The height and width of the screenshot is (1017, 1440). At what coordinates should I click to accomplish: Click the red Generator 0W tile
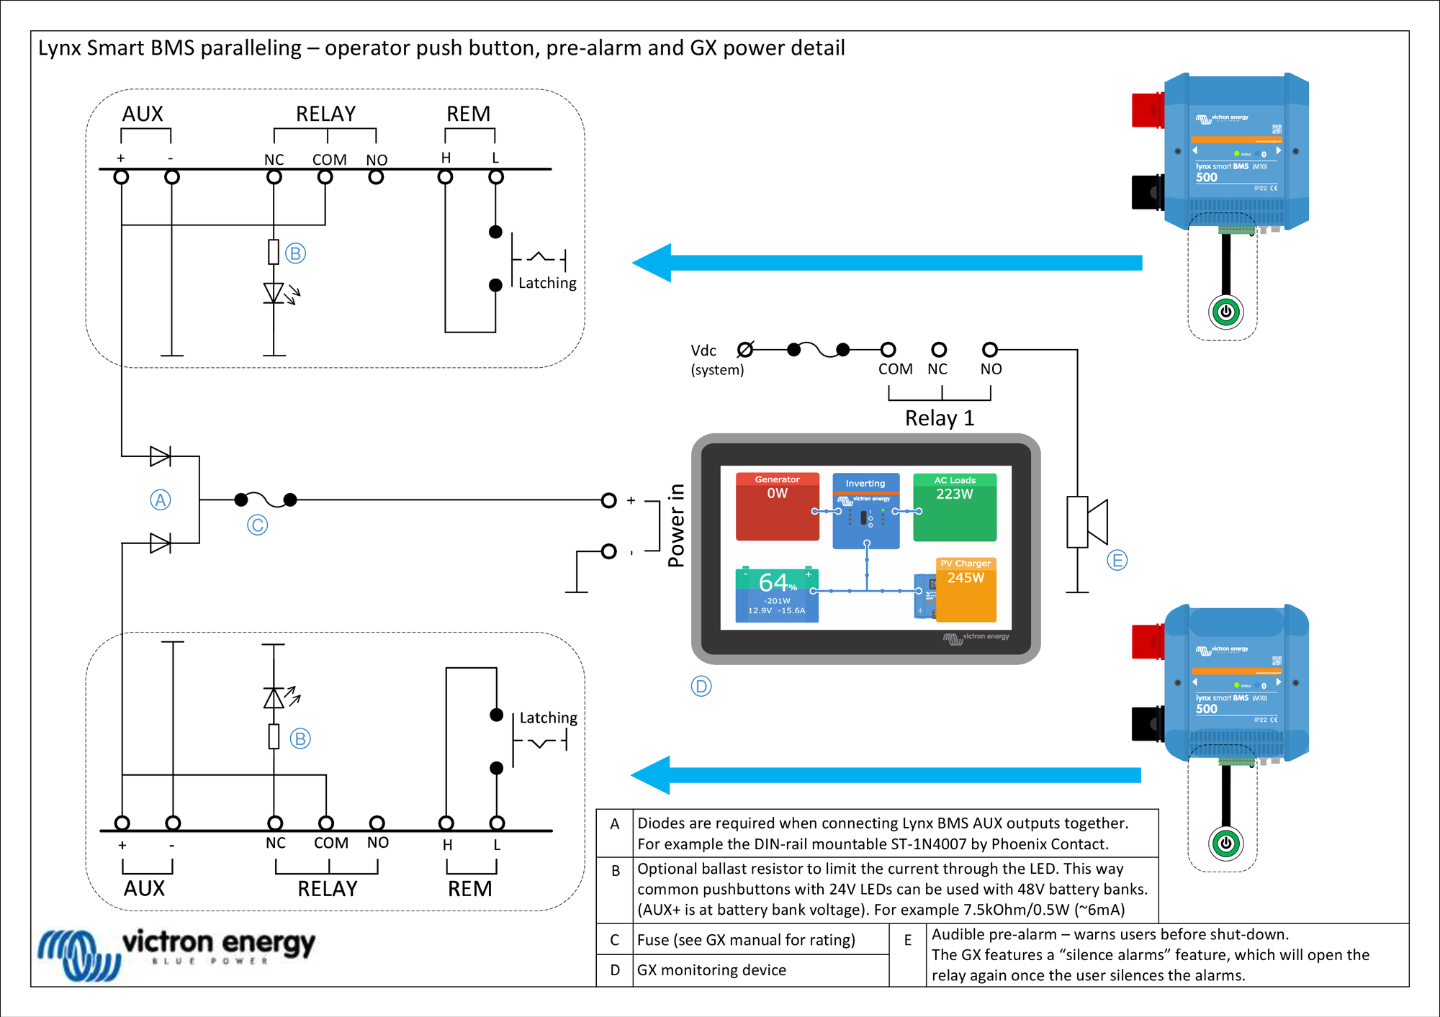click(777, 506)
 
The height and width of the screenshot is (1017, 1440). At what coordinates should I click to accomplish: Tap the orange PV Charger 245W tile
click(966, 589)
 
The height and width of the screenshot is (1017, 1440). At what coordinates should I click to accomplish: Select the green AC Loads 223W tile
click(955, 507)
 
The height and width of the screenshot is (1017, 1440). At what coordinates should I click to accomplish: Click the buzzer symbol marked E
click(1086, 522)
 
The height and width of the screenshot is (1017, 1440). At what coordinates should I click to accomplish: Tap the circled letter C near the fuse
click(257, 525)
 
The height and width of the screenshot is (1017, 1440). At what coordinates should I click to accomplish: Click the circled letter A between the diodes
click(160, 500)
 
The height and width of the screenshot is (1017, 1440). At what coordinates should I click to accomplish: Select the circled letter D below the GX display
click(701, 686)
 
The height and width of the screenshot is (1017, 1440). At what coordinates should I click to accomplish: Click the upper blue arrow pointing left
click(886, 263)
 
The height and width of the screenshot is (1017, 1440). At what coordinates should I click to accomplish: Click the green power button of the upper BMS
click(1225, 312)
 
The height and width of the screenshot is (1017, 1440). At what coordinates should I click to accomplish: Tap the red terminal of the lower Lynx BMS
click(1148, 641)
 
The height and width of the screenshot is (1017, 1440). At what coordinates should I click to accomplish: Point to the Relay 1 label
click(939, 418)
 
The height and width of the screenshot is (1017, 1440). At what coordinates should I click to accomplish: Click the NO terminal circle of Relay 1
click(990, 350)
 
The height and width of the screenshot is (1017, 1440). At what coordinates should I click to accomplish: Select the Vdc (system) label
click(716, 360)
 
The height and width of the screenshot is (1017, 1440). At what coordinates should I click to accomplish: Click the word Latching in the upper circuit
click(547, 283)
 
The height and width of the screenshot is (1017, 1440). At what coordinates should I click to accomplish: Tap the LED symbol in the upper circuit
click(274, 293)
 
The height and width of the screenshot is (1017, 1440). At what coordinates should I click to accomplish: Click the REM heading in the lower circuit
click(469, 889)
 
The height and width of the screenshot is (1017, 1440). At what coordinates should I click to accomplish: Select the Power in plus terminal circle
click(608, 500)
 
